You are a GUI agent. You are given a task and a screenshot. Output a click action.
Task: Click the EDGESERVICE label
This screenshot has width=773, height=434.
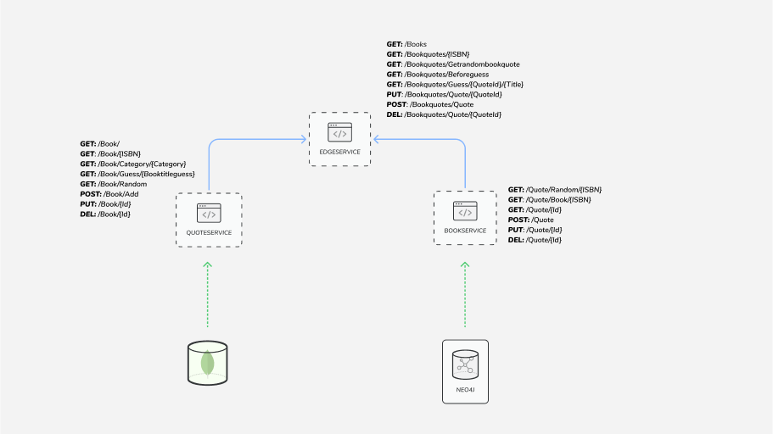339,152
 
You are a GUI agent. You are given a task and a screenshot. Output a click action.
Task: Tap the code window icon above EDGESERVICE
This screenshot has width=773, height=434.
339,132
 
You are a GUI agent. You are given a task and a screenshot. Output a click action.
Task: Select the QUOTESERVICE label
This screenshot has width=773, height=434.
209,233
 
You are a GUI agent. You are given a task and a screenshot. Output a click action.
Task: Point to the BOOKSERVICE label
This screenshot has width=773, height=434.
466,231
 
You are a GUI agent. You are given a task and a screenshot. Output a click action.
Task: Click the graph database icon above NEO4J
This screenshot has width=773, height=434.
465,364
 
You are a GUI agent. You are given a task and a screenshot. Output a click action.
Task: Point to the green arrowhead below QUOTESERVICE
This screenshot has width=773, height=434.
207,265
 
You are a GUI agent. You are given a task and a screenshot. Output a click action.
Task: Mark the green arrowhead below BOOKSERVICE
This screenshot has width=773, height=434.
465,265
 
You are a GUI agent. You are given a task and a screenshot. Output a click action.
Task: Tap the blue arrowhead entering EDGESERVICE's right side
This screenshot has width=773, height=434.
376,139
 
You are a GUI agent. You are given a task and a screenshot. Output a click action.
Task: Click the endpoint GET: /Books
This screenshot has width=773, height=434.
406,44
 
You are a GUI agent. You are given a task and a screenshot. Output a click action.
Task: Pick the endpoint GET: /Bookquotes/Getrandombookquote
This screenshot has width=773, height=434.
453,64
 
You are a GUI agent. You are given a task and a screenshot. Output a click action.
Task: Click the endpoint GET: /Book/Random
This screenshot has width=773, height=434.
114,184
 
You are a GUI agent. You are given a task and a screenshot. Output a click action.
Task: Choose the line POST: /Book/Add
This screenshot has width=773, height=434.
109,194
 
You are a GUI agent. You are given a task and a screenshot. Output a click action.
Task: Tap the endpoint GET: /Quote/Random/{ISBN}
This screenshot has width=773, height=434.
555,190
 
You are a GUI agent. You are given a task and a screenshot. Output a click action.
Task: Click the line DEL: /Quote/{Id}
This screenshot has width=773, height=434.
535,240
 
